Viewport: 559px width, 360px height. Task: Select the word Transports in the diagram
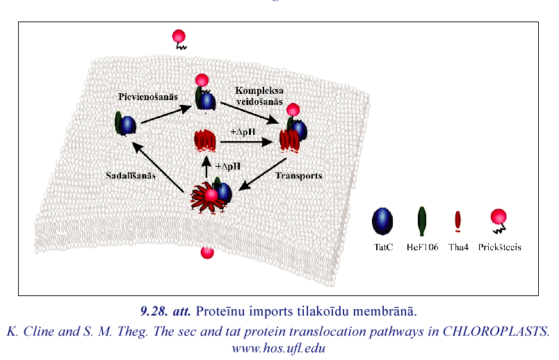click(x=298, y=177)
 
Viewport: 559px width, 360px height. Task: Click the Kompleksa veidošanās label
click(x=259, y=97)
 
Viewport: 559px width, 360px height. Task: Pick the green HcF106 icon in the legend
click(x=422, y=220)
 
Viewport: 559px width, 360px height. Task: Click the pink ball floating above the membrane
click(x=179, y=37)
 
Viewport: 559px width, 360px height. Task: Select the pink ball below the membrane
click(x=206, y=252)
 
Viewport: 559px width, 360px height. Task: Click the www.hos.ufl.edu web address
click(x=279, y=347)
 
